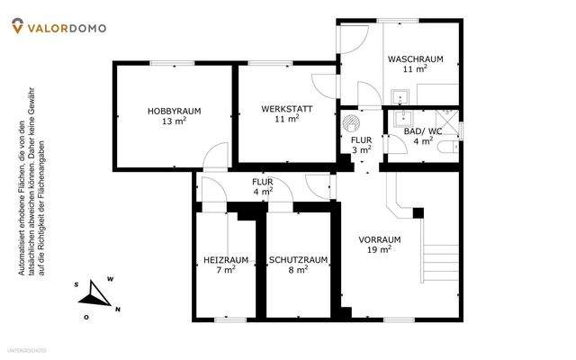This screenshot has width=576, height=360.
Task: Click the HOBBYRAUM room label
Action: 174,111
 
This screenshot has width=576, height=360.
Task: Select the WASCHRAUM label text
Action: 414,59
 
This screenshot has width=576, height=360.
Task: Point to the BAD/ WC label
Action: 422,131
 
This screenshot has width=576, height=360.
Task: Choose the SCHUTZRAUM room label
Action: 298,260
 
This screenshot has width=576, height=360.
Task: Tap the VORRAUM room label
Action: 379,239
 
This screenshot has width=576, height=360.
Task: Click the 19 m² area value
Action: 379,249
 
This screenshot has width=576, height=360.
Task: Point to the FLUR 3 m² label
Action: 361,145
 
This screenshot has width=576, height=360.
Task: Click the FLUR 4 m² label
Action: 263,185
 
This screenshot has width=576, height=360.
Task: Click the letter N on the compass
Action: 119,310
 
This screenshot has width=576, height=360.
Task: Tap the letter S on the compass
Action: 77,285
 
